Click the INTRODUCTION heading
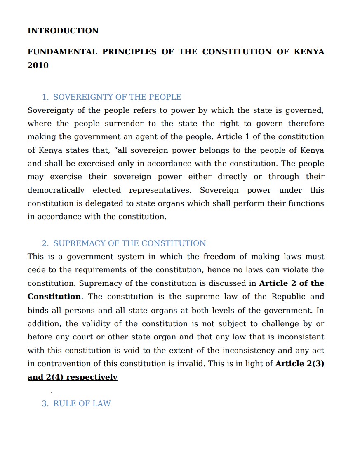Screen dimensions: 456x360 (63, 31)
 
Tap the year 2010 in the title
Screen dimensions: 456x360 (38, 65)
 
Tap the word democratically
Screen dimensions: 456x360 (56, 190)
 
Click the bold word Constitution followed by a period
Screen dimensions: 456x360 (54, 297)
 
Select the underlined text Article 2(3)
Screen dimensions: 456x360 (300, 364)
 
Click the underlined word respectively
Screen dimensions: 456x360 (92, 377)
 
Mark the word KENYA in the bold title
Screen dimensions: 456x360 (309, 52)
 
